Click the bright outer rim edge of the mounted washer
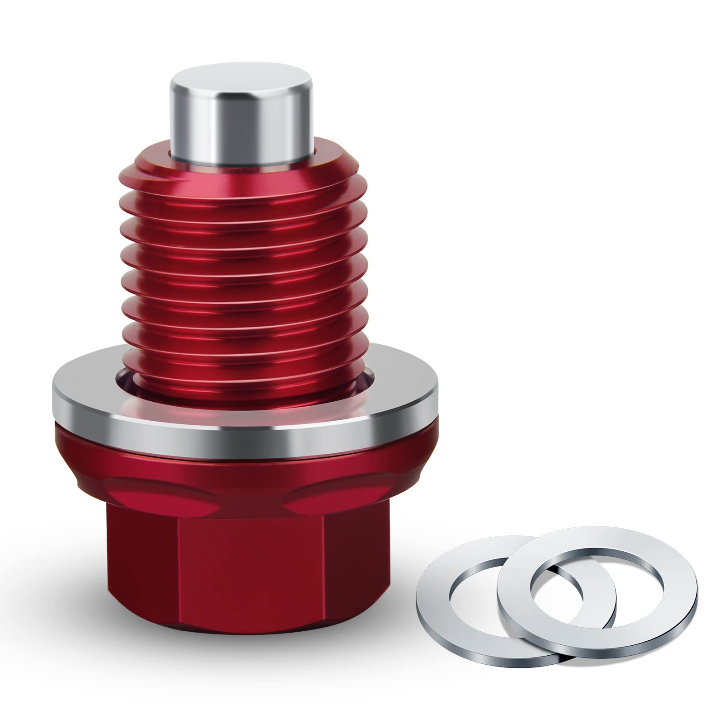pos(244,429)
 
